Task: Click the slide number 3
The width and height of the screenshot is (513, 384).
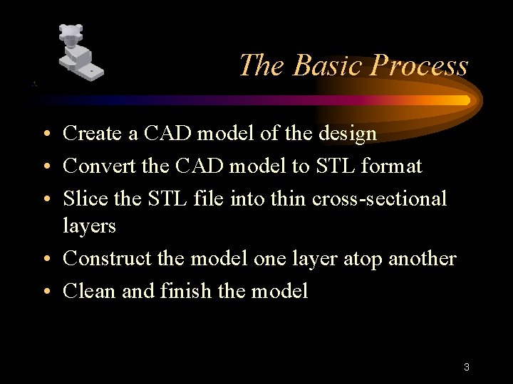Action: click(466, 368)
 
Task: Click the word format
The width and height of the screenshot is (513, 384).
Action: click(391, 166)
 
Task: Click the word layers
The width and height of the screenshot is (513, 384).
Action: click(89, 226)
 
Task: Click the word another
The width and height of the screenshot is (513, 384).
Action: click(422, 258)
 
